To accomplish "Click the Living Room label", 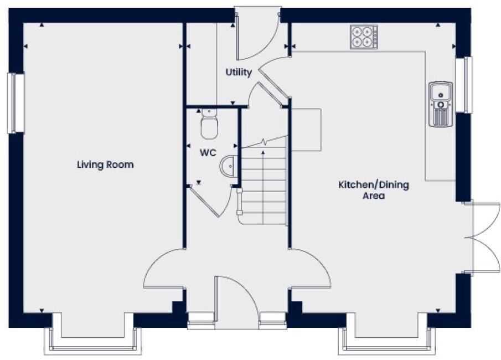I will coord(105,164).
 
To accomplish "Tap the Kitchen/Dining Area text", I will coord(374,190).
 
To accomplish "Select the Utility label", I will coord(239,72).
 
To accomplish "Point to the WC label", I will coord(208,152).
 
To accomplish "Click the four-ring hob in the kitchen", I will coord(364,37).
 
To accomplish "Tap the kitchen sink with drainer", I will coord(441,104).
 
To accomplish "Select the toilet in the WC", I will coord(209,125).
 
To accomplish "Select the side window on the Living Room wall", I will coord(16,103).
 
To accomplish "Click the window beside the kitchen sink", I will coord(468,85).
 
